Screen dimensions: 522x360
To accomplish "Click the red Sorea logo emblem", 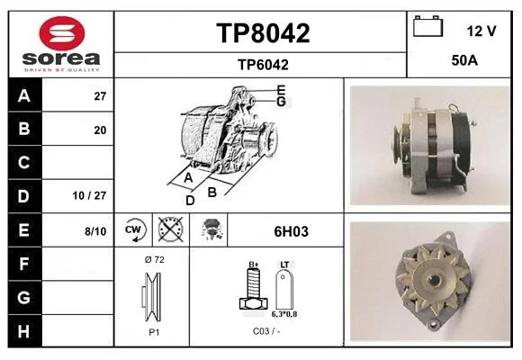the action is [x=62, y=33].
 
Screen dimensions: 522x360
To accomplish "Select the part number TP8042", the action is [x=263, y=33].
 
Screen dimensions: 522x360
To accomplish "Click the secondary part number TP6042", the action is [x=263, y=65].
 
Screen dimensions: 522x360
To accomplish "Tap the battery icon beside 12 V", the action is [x=427, y=26].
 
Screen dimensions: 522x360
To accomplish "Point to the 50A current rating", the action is [x=464, y=60].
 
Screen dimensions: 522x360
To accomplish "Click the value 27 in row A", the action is [x=100, y=96].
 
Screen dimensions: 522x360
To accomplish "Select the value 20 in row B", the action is [x=100, y=130].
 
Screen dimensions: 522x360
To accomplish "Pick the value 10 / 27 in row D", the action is [x=89, y=195].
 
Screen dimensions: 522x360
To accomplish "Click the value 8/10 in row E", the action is [x=95, y=231].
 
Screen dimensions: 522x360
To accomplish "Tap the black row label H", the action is [x=24, y=331].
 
